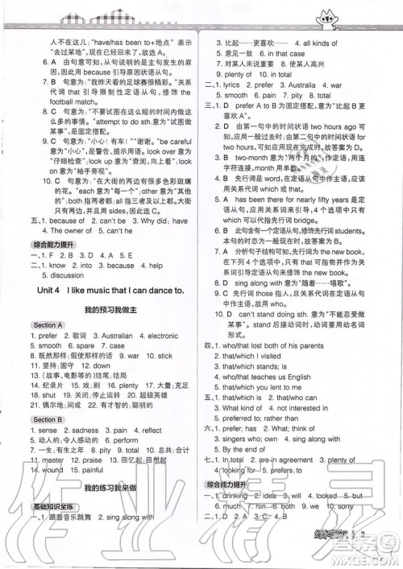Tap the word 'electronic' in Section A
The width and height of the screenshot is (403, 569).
pos(158,335)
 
